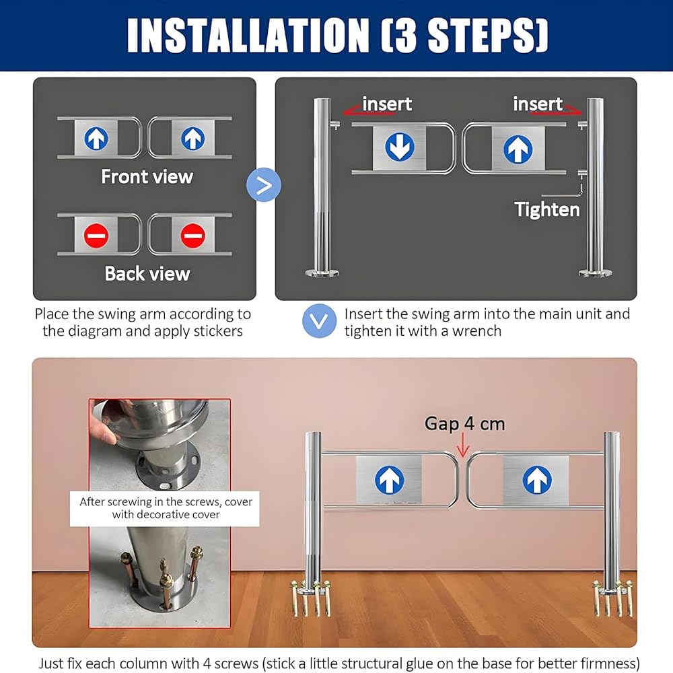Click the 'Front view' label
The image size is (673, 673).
[147, 176]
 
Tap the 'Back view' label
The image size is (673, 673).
[147, 274]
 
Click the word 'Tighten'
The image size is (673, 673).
[547, 209]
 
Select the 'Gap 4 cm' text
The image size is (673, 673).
[464, 423]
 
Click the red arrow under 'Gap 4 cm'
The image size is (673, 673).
[463, 446]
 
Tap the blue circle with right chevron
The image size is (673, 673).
[264, 185]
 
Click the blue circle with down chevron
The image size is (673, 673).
[319, 321]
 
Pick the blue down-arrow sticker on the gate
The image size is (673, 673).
[400, 147]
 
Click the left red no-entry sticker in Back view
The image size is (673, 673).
[96, 235]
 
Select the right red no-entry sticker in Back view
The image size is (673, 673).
[192, 235]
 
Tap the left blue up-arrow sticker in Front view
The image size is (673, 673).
[96, 138]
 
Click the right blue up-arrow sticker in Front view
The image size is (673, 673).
[192, 138]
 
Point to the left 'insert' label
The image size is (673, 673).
[387, 104]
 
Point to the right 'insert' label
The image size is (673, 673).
[538, 104]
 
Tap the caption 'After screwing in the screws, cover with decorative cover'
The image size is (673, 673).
[166, 508]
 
